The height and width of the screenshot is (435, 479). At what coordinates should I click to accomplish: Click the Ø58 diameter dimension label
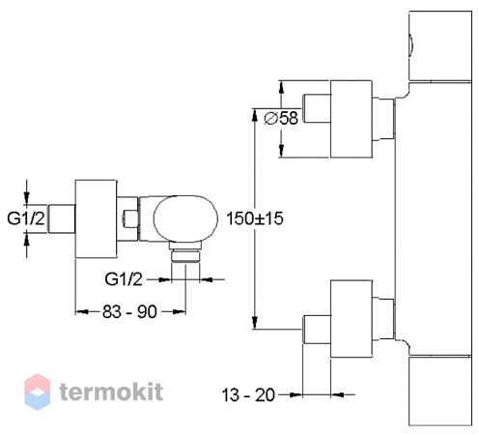click(x=281, y=118)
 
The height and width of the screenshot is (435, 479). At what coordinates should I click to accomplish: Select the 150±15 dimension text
click(x=255, y=218)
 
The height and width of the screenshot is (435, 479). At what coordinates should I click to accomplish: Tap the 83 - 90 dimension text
click(x=129, y=311)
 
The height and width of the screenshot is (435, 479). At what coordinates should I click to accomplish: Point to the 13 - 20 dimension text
click(x=248, y=394)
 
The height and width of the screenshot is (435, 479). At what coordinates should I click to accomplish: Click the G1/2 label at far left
click(x=26, y=218)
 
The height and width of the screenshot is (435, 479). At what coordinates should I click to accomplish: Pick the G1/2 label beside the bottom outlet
click(x=124, y=279)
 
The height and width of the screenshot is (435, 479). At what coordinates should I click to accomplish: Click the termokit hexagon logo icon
click(x=38, y=391)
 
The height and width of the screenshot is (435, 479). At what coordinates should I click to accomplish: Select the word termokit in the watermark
click(x=111, y=391)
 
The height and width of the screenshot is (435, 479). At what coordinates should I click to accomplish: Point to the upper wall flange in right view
click(x=352, y=119)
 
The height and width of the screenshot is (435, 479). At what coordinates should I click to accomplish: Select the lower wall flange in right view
click(x=352, y=319)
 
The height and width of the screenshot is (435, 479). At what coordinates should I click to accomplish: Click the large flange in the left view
click(x=96, y=218)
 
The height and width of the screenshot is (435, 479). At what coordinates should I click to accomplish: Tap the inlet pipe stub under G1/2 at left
click(x=62, y=218)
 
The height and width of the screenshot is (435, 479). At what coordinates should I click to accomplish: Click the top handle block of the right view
click(x=440, y=45)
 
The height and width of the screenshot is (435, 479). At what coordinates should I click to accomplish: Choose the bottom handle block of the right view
click(x=440, y=391)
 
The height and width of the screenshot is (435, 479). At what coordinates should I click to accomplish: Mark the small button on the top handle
click(x=411, y=45)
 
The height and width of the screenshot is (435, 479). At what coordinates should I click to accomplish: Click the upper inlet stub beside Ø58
click(x=317, y=108)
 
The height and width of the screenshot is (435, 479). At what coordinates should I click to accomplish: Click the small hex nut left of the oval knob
click(x=130, y=218)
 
